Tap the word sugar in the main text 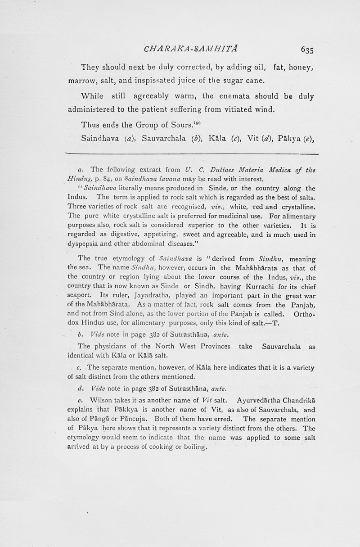(236, 81)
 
